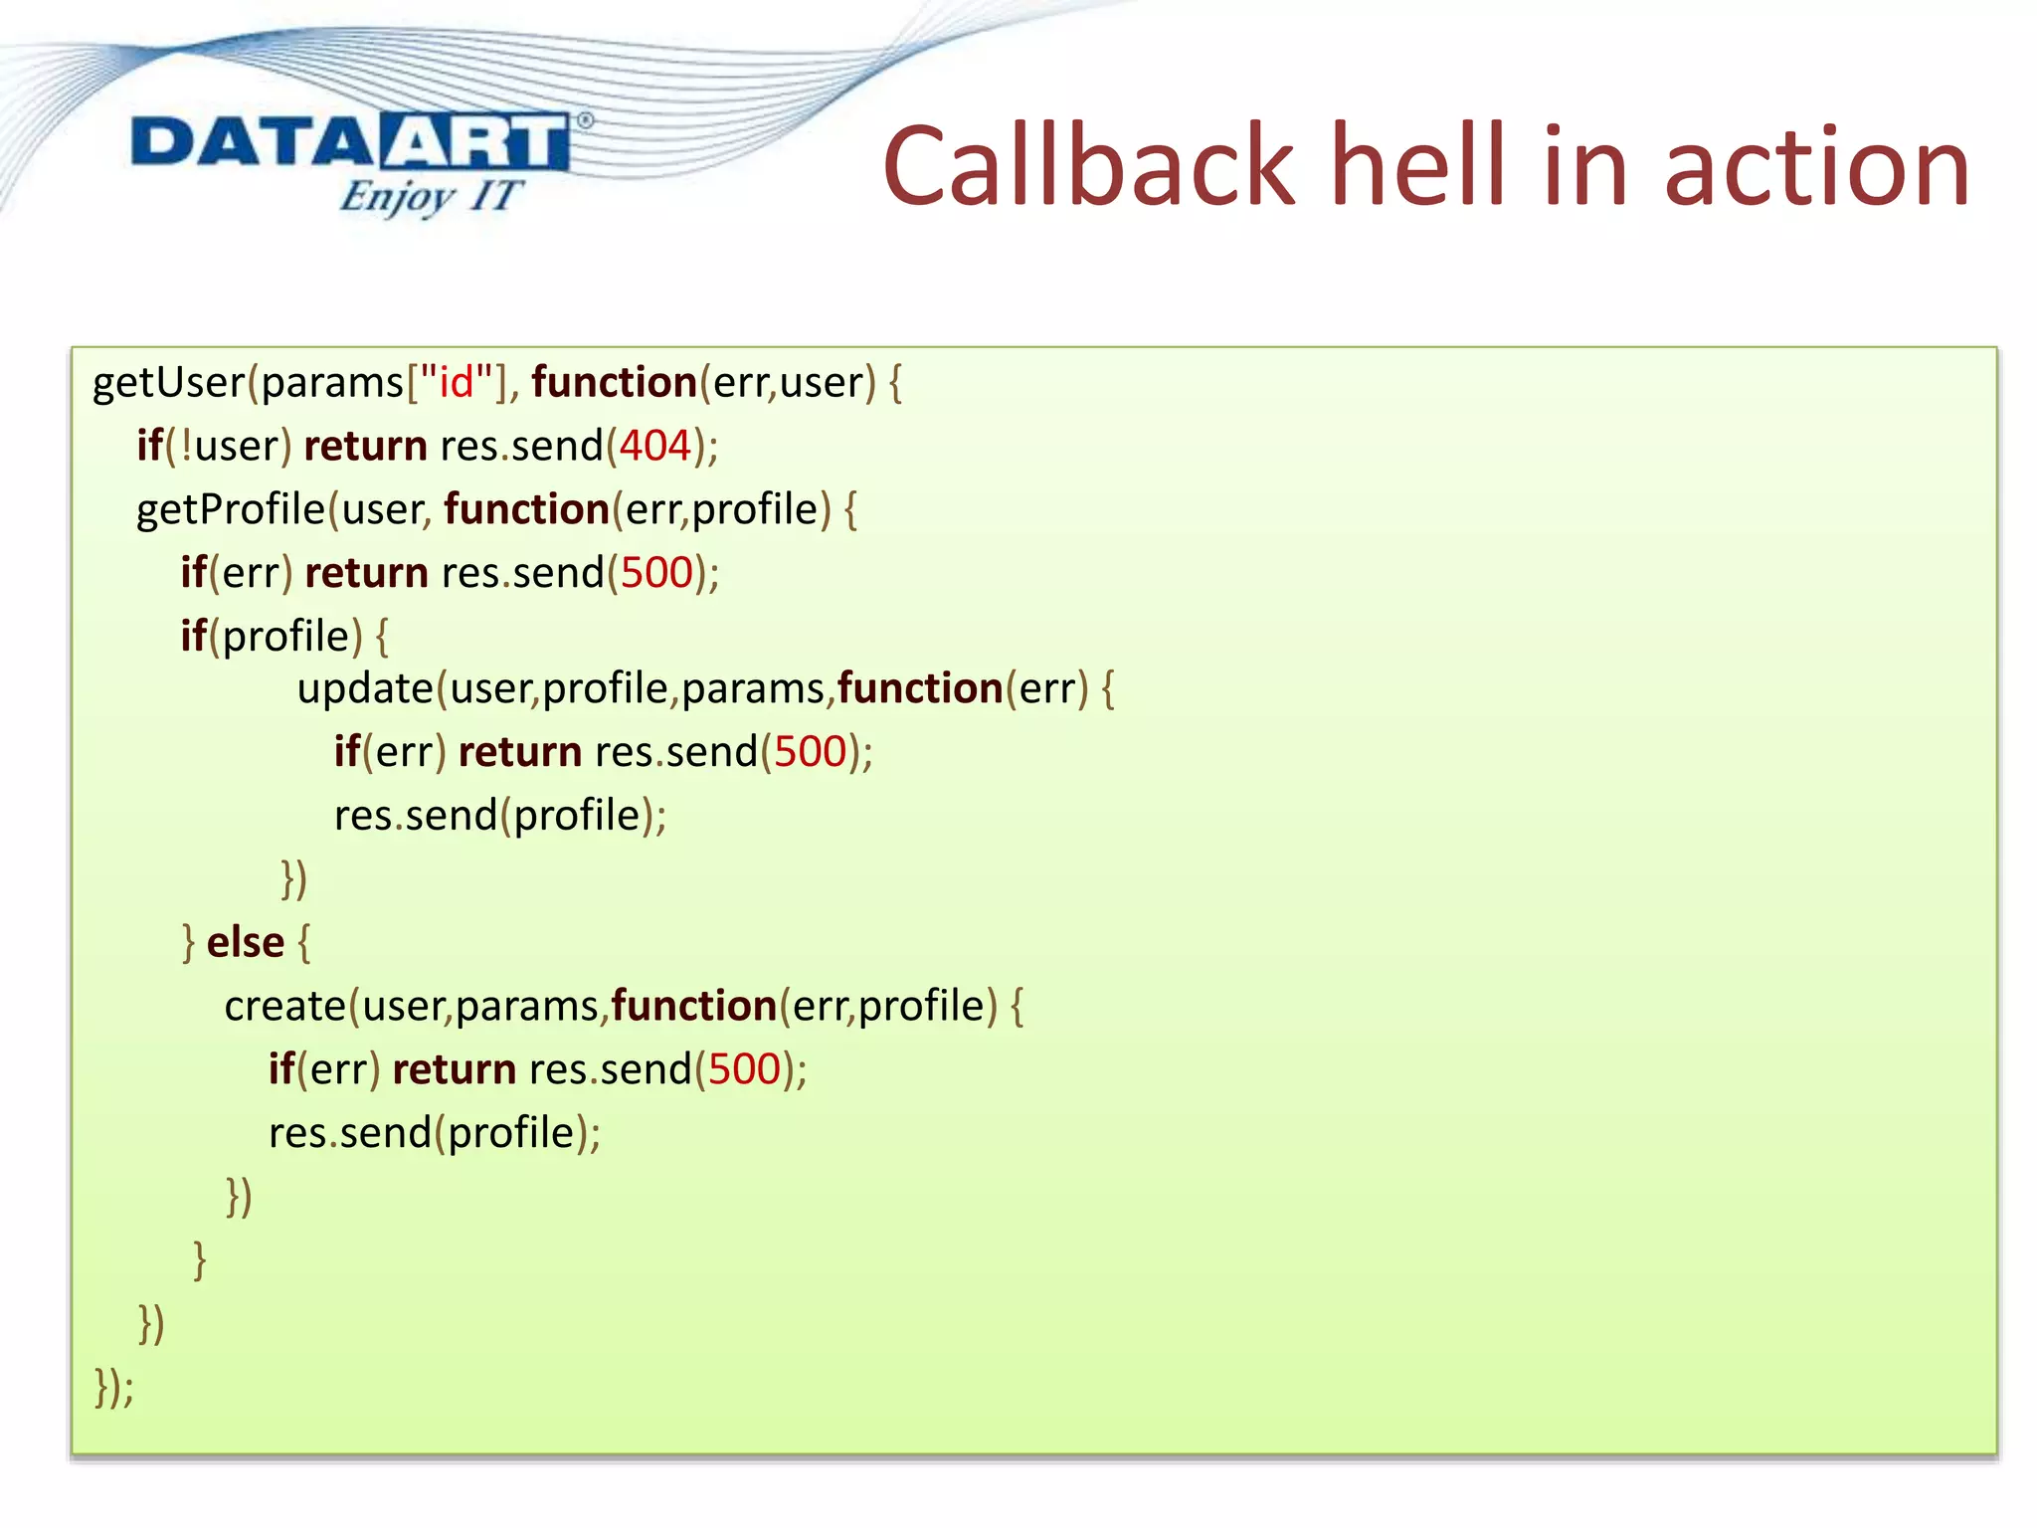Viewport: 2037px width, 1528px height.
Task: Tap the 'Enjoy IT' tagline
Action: click(x=430, y=196)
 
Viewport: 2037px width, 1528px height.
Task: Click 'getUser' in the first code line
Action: click(x=168, y=383)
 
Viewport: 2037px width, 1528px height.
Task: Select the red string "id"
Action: click(x=457, y=383)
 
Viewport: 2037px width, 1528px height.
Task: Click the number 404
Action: click(x=654, y=447)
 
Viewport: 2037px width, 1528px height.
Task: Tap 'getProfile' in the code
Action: click(x=231, y=510)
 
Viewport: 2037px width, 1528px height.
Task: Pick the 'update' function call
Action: click(x=365, y=688)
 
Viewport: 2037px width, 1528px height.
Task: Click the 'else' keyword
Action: click(x=246, y=942)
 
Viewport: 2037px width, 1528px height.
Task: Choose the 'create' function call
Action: click(x=284, y=1006)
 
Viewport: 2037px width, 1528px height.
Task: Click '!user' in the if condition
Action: click(x=231, y=447)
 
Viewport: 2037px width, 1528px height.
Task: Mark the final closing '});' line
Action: click(x=113, y=1386)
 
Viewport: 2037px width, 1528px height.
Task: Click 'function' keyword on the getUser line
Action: click(x=614, y=383)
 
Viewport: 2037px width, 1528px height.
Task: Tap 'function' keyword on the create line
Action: click(x=693, y=1006)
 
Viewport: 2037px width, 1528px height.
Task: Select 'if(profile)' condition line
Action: click(x=283, y=637)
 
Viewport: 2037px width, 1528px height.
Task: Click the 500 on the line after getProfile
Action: click(x=656, y=573)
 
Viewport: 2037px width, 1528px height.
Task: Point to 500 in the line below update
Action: click(x=810, y=752)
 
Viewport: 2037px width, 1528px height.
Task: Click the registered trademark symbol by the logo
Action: click(x=585, y=121)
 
